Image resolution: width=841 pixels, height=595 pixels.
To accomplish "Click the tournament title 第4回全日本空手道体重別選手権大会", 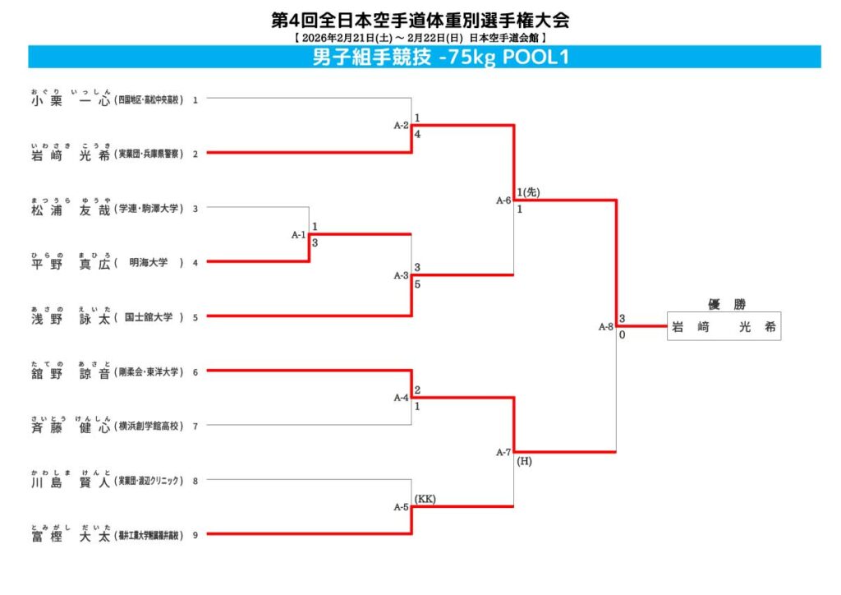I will (x=420, y=20).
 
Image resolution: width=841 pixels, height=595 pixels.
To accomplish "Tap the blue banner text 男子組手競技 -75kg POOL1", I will (x=441, y=58).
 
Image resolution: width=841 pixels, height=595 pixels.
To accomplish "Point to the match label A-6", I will (x=503, y=200).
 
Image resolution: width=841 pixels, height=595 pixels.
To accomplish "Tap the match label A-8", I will (x=605, y=327).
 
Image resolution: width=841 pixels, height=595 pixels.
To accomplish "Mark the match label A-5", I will (x=401, y=507).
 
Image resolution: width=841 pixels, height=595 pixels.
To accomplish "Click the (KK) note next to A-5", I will (x=425, y=499).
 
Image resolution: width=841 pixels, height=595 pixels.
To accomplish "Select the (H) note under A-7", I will (x=525, y=461).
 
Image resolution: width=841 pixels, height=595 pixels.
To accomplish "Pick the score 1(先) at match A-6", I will (x=527, y=191).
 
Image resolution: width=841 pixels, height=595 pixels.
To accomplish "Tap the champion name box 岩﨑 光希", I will (x=724, y=326).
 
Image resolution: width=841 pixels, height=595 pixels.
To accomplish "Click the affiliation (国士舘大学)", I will (x=149, y=317).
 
